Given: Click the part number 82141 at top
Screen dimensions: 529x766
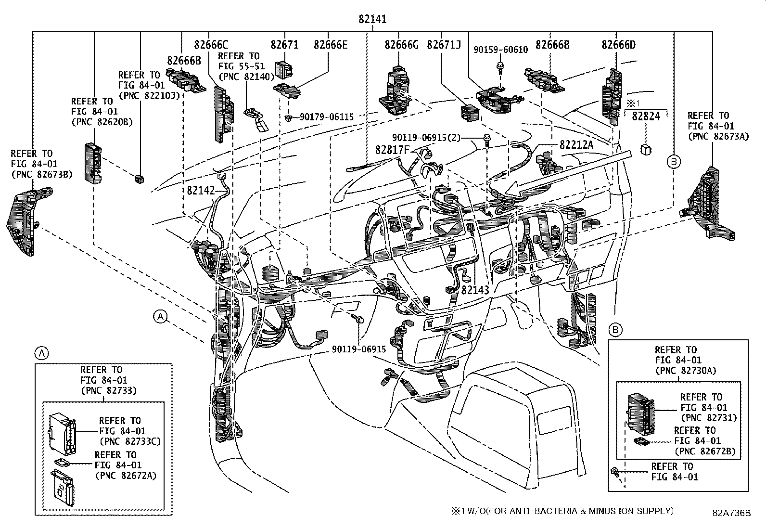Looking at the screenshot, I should (372, 19).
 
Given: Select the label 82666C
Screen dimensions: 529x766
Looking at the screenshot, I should (211, 45).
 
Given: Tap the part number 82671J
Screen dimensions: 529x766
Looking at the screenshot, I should (444, 45).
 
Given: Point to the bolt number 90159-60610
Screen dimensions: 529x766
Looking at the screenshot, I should (500, 49).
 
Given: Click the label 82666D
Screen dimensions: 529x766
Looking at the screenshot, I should (618, 45).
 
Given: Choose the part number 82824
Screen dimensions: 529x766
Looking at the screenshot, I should (646, 116).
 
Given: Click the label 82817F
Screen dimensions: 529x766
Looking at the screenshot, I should (391, 150).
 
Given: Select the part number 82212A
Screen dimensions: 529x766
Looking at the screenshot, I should (576, 144).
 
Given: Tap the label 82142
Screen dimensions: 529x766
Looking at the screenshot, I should (201, 191).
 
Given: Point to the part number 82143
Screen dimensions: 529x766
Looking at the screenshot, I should (475, 290).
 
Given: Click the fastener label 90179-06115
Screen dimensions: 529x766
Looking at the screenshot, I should (327, 117).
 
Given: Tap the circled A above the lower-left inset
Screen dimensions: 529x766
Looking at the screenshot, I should (42, 354).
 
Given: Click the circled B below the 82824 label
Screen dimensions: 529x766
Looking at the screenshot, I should (674, 162).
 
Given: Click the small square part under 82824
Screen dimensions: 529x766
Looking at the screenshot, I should (646, 149).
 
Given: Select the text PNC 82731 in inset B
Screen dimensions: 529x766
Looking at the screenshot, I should (708, 418).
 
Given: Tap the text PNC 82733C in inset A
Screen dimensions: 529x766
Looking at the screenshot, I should (130, 441).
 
